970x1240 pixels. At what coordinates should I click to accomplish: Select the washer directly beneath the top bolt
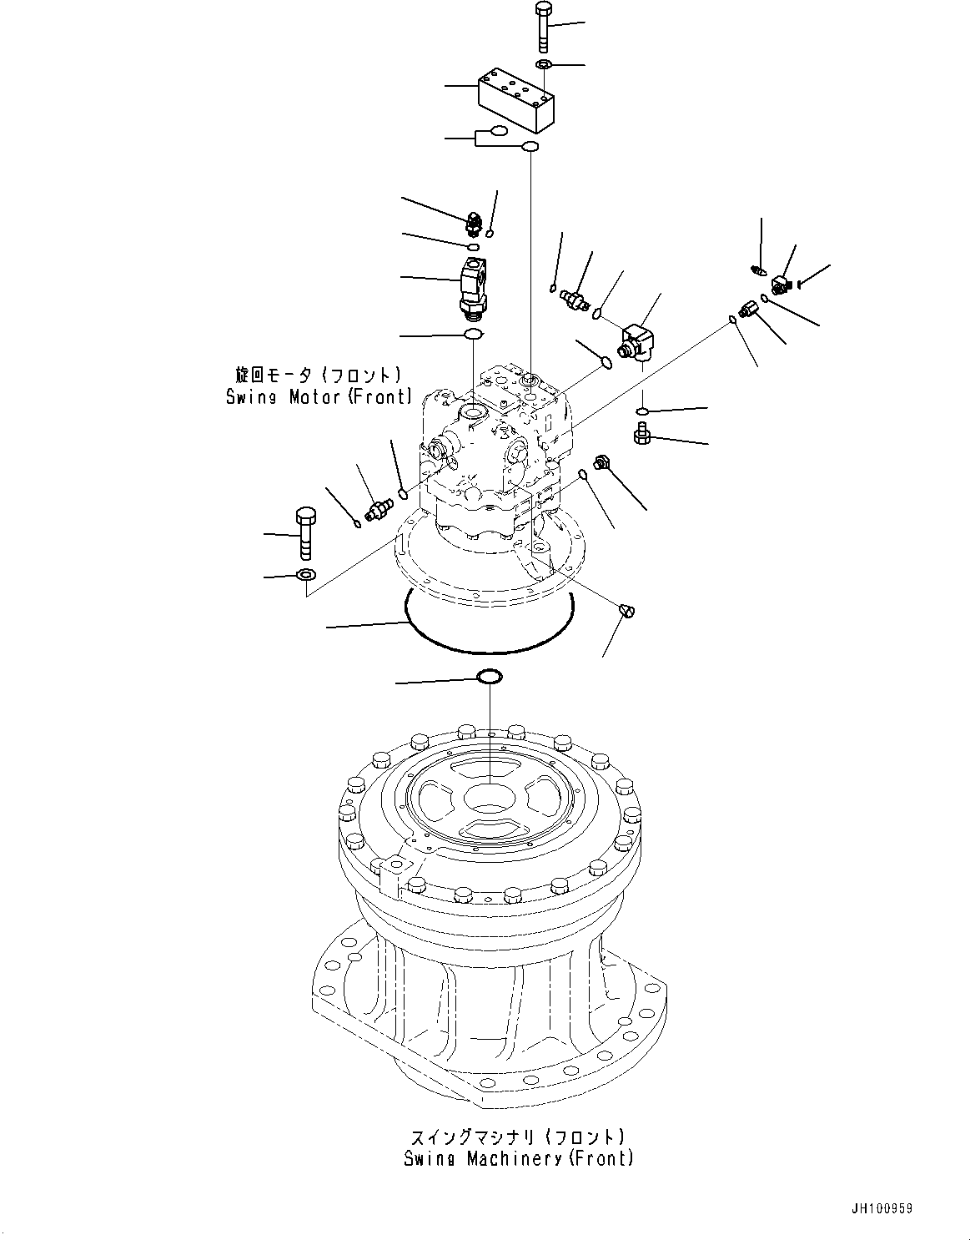[x=544, y=65]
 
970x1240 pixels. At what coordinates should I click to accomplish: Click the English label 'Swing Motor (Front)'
[x=319, y=397]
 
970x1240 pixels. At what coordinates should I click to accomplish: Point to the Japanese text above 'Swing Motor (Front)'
[x=318, y=376]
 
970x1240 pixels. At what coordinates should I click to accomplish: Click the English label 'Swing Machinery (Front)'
[x=518, y=1158]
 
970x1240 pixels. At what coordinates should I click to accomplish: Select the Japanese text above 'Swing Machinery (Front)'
[x=518, y=1137]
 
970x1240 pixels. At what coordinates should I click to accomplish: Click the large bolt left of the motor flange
[x=305, y=532]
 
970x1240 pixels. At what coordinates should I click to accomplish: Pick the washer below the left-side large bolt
[x=305, y=574]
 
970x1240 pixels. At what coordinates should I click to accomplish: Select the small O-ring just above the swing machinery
[x=489, y=676]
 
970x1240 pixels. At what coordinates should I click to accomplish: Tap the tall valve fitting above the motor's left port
[x=475, y=286]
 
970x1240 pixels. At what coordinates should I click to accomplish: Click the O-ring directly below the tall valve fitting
[x=473, y=335]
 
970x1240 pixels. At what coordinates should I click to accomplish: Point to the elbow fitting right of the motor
[x=638, y=341]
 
